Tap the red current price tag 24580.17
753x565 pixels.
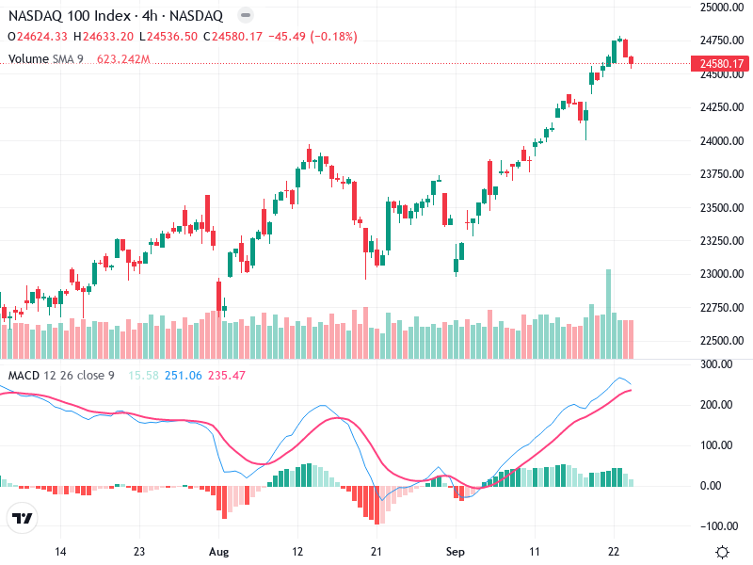click(720, 63)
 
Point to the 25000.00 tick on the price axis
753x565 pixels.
click(722, 8)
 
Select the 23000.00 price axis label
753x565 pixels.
click(722, 274)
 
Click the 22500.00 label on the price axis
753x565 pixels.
click(722, 341)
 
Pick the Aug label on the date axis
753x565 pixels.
click(218, 552)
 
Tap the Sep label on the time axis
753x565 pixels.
click(456, 552)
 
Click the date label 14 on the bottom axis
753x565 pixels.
click(60, 552)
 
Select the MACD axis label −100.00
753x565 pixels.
click(718, 526)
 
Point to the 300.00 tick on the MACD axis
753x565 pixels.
click(716, 364)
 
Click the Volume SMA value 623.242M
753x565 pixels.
click(123, 59)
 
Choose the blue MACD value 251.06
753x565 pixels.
click(184, 375)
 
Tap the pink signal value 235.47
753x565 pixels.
click(227, 375)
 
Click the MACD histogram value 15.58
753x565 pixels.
click(144, 375)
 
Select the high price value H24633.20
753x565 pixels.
click(104, 37)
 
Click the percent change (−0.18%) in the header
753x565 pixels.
click(334, 37)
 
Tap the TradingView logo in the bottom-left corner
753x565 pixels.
click(22, 518)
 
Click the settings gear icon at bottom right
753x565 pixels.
click(722, 552)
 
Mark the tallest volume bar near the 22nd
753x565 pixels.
click(608, 315)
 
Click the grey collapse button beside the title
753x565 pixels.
click(246, 15)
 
